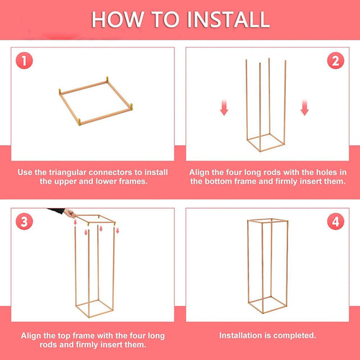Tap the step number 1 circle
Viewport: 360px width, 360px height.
[25, 62]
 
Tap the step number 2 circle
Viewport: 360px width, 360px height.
[335, 62]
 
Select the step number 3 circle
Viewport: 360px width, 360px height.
[25, 222]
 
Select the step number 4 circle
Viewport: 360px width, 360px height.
[335, 222]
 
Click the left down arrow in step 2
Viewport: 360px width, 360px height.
[224, 108]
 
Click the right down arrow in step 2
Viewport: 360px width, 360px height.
[305, 108]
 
